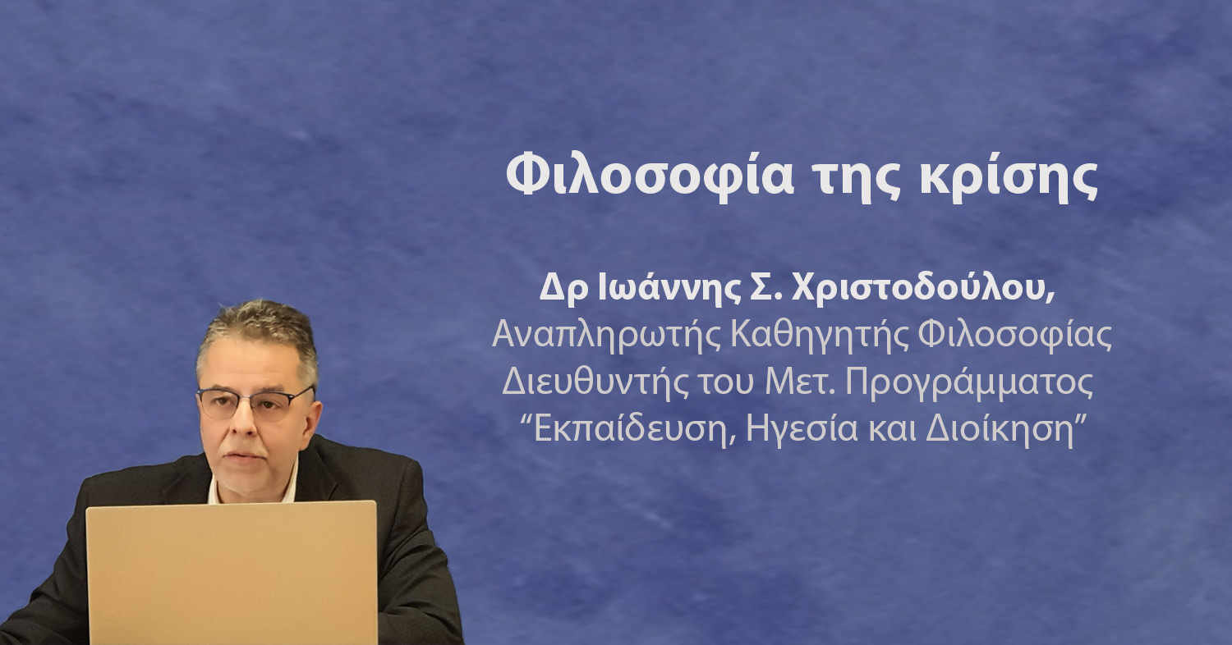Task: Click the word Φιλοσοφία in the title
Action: tap(650, 175)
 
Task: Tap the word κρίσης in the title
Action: tap(1009, 176)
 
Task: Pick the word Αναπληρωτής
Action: tap(606, 336)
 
